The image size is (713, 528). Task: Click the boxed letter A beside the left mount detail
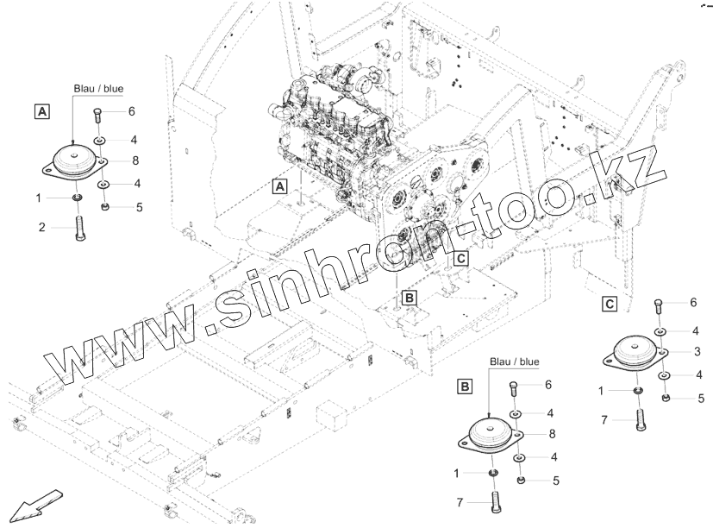tap(41, 110)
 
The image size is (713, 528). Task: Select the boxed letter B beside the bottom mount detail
tap(465, 387)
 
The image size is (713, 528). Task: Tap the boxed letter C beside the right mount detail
tap(610, 304)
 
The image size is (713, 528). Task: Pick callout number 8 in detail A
tap(135, 160)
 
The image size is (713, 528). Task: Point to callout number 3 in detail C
tap(697, 351)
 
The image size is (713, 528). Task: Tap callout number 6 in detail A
tap(132, 112)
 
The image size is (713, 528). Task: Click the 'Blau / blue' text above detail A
tap(96, 89)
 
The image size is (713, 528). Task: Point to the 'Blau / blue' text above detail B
tap(514, 361)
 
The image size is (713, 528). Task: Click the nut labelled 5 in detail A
tap(104, 207)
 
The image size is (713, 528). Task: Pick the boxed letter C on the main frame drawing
tap(460, 258)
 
